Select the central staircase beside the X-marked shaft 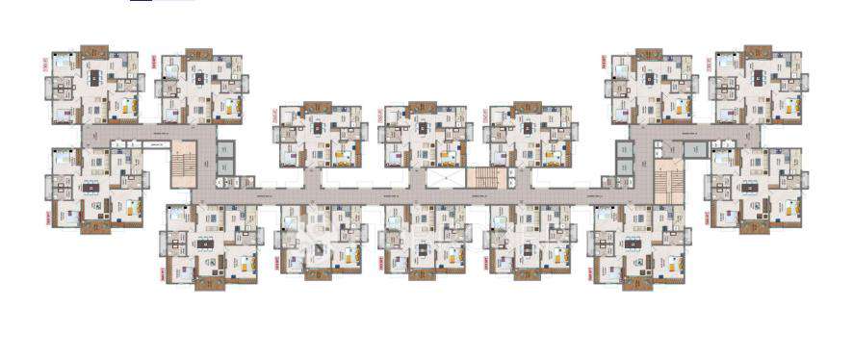[x=479, y=177]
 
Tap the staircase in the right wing [x=667, y=177]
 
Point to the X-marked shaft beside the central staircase [x=439, y=178]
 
